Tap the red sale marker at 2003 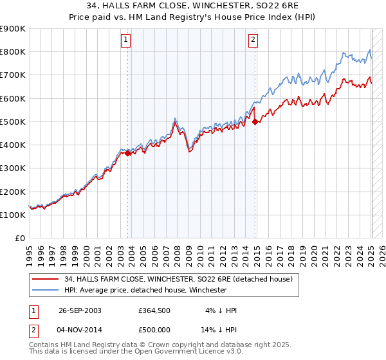coord(128,153)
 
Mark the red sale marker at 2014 coord(255,122)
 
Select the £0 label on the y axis coord(19,239)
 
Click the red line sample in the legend coord(45,279)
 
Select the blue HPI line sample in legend coord(45,290)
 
